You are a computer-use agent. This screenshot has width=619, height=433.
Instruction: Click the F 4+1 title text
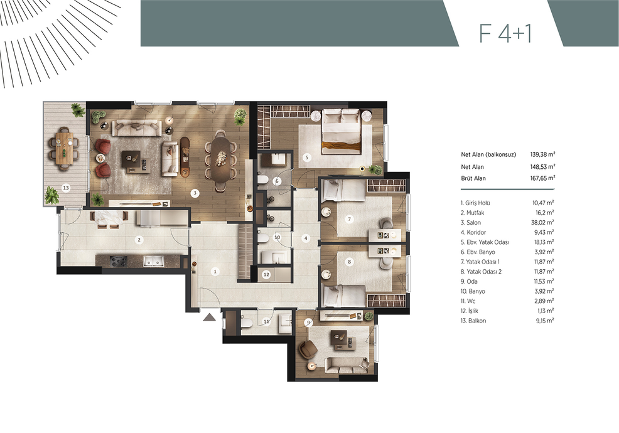(505, 33)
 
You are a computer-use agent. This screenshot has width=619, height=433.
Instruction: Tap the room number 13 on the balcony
(66, 188)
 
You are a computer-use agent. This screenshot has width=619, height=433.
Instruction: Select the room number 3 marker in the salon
(194, 193)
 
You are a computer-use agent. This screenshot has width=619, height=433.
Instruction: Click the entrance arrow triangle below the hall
(210, 317)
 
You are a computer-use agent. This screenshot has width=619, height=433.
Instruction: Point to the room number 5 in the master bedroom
(307, 157)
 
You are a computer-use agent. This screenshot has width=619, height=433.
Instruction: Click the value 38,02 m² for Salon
(542, 222)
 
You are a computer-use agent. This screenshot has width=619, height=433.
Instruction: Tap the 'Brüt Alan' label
(473, 178)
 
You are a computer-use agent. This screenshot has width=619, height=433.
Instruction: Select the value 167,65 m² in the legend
(543, 178)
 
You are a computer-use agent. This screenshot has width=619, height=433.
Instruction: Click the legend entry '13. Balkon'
(473, 321)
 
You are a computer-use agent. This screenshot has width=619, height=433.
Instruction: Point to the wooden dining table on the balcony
(63, 148)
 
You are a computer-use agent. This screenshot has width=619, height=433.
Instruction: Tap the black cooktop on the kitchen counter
(119, 260)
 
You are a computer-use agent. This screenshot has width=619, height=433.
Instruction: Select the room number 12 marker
(266, 275)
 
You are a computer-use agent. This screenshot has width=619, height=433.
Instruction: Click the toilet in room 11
(246, 323)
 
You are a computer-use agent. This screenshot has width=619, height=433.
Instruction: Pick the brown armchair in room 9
(308, 350)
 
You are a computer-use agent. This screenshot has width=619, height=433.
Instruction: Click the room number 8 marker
(349, 261)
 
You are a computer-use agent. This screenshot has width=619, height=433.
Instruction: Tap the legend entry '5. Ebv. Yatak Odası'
(485, 242)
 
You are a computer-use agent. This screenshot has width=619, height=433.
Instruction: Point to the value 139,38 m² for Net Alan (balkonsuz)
(543, 154)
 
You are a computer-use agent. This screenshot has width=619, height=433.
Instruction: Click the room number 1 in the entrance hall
(215, 272)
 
